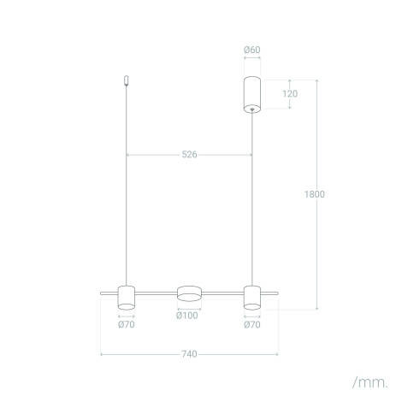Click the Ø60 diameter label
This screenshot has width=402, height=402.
click(x=251, y=50)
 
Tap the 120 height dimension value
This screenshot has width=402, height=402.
click(x=290, y=93)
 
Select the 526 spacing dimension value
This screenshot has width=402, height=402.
click(x=189, y=155)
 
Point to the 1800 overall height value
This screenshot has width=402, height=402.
click(x=314, y=194)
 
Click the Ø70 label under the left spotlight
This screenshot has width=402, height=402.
click(x=127, y=324)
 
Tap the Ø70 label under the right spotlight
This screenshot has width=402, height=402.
click(x=251, y=324)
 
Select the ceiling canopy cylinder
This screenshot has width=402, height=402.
click(x=251, y=93)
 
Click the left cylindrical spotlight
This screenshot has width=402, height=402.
click(x=127, y=296)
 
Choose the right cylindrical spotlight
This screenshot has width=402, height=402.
click(x=251, y=296)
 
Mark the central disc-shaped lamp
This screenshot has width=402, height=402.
click(x=189, y=293)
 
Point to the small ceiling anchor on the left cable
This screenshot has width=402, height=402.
click(x=127, y=80)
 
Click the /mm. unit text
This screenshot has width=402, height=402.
click(x=369, y=378)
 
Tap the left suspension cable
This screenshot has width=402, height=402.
click(x=127, y=188)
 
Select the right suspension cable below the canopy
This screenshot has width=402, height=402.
click(x=251, y=197)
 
